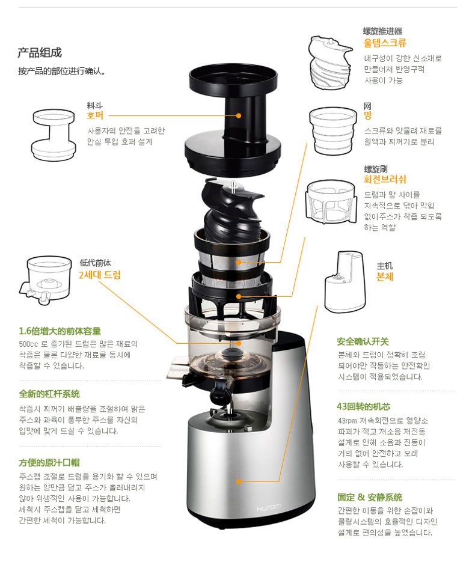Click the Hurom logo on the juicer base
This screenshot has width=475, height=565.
tap(269, 508)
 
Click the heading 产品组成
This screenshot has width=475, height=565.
tap(40, 53)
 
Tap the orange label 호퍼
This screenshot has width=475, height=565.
tap(95, 115)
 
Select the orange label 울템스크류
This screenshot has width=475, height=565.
tap(385, 43)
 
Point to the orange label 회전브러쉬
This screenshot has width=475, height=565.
tap(385, 180)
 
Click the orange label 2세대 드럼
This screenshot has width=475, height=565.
tap(100, 275)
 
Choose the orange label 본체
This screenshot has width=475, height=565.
tap(385, 276)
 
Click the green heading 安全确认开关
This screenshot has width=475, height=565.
tap(363, 341)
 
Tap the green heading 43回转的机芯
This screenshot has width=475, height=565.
tap(364, 406)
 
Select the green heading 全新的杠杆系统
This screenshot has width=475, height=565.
tap(49, 394)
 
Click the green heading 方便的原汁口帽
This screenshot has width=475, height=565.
tap(49, 463)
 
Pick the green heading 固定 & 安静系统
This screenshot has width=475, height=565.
tap(370, 497)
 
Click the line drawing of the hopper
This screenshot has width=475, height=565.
tap(54, 135)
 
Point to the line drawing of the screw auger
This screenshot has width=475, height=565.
tap(330, 63)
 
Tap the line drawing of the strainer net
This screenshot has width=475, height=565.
tap(332, 130)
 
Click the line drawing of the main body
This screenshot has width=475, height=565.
tap(345, 282)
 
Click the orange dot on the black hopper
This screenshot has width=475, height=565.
tap(239, 115)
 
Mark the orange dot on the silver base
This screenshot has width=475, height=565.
tap(239, 481)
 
